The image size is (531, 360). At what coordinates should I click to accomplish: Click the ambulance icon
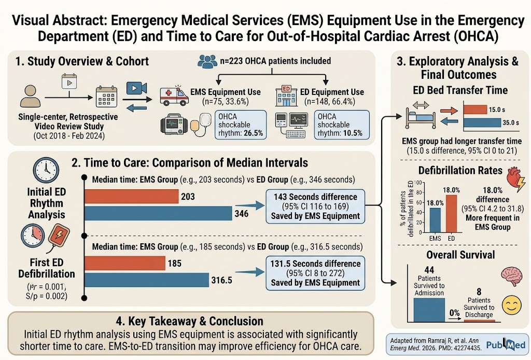(x=174, y=95)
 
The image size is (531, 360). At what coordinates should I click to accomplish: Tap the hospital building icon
(x=286, y=95)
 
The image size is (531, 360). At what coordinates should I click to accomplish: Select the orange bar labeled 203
(x=131, y=197)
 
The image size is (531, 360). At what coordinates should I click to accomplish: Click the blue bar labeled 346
(x=158, y=213)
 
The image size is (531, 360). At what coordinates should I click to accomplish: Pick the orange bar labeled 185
(x=125, y=263)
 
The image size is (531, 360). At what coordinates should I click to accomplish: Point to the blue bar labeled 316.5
(x=147, y=280)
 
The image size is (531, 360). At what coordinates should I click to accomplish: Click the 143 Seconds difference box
(x=315, y=206)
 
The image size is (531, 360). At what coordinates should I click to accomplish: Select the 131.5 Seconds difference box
(x=315, y=273)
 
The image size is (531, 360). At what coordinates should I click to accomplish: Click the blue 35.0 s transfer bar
(x=482, y=122)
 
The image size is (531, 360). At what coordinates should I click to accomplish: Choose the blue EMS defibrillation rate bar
(x=435, y=220)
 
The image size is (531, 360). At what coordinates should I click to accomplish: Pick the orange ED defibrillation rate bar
(x=451, y=214)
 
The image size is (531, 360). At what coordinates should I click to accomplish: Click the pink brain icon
(x=512, y=276)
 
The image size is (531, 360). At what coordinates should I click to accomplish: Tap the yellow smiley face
(x=512, y=305)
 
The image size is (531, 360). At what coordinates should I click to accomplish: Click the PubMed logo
(x=506, y=345)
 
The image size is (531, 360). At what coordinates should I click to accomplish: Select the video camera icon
(x=136, y=88)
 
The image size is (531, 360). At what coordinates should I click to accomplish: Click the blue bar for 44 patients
(x=429, y=310)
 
